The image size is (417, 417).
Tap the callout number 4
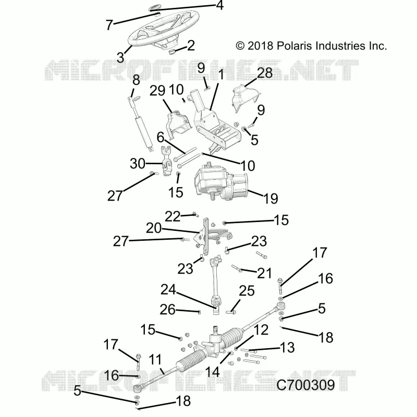[219, 5]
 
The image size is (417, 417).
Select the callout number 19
[271, 199]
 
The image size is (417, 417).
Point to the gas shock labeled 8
[141, 123]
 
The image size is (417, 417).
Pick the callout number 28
[265, 73]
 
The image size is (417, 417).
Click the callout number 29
[157, 91]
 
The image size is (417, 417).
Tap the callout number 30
[138, 164]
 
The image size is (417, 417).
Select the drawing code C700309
[305, 385]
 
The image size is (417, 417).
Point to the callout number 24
[168, 289]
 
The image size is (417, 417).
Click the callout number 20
[154, 228]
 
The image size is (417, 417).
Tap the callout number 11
[155, 360]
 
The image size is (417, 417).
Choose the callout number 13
[287, 348]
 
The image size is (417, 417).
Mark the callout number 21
[264, 273]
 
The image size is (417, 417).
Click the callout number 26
[167, 310]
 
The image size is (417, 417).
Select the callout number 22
[173, 216]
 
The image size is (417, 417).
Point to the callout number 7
[109, 25]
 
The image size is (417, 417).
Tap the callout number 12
[261, 330]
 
